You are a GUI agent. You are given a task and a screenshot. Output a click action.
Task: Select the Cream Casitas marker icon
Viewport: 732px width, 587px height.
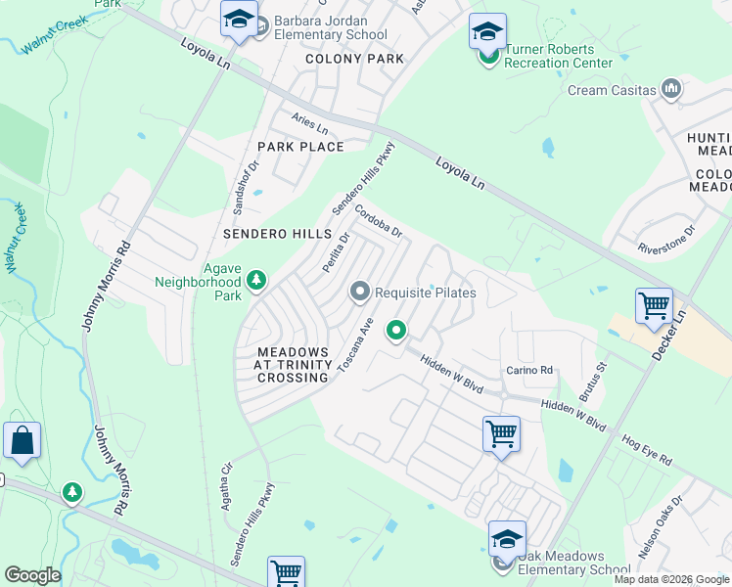tap(671, 90)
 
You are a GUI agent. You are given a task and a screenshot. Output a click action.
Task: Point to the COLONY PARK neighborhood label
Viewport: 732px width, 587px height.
tap(354, 59)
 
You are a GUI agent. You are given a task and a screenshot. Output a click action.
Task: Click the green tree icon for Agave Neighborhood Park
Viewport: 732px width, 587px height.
tap(256, 282)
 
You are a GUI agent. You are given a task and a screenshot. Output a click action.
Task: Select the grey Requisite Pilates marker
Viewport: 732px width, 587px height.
tap(360, 293)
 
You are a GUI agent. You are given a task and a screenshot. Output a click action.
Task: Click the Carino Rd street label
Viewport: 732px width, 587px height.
tap(529, 370)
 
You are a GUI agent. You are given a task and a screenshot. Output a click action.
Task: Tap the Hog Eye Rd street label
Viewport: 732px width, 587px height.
tap(647, 450)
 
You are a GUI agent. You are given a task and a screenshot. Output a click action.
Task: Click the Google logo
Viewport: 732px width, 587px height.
tap(32, 575)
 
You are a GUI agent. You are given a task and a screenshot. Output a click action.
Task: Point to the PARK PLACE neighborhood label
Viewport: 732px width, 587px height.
tap(300, 147)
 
